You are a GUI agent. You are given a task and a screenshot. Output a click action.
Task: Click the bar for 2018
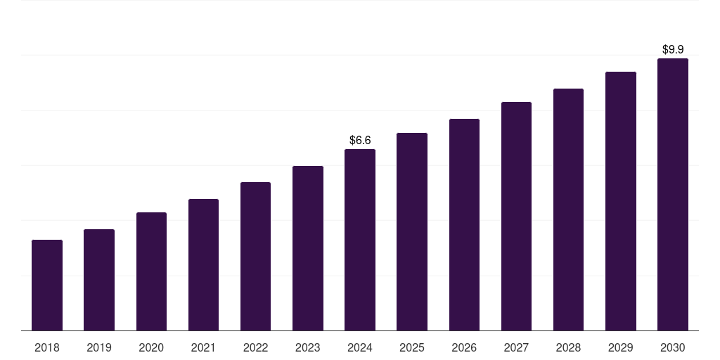point(47,285)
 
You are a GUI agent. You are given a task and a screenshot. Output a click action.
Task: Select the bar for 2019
point(99,280)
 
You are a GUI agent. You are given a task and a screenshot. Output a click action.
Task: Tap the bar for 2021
point(203,264)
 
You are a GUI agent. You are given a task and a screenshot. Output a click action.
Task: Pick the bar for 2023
point(308,248)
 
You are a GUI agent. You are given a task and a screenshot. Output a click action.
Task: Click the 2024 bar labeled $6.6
point(360,240)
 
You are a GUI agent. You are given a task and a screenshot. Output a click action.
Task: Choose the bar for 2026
point(464,224)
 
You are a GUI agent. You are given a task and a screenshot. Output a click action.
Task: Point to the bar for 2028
point(568,210)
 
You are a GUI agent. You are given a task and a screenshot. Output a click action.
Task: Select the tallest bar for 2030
point(673,194)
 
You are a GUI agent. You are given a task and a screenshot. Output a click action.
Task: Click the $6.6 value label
point(360,141)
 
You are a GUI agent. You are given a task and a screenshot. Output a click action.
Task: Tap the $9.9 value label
point(673,50)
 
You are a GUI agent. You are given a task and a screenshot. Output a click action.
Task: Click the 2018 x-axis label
point(47,347)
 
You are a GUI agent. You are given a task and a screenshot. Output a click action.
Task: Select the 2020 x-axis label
point(151,347)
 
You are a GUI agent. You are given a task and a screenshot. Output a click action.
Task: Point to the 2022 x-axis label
point(255,347)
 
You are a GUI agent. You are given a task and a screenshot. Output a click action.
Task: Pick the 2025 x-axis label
point(412,347)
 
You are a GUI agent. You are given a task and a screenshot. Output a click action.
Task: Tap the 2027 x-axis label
point(516,347)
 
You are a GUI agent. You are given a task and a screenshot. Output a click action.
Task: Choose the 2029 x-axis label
point(621,347)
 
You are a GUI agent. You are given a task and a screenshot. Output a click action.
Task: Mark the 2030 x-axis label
point(673,347)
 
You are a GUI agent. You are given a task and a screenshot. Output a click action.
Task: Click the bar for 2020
point(151,271)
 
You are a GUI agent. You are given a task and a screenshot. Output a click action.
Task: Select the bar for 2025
point(412,231)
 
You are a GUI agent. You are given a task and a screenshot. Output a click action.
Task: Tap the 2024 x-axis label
point(360,347)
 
